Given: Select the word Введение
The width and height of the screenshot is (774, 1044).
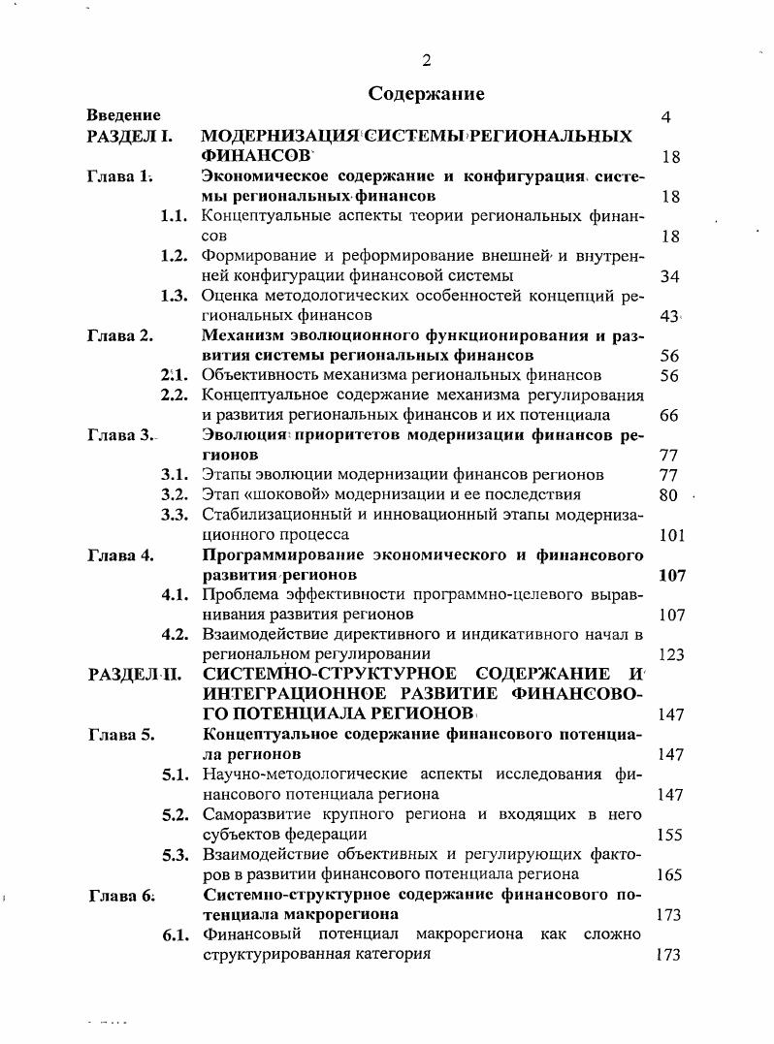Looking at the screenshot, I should click(x=123, y=116).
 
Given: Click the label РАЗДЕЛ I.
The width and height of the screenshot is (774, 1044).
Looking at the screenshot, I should click(x=130, y=137).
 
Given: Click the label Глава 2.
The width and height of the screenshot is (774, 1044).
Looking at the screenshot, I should click(x=120, y=336).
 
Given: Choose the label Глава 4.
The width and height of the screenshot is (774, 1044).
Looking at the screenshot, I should click(x=120, y=555).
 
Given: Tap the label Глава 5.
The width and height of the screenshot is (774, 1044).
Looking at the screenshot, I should click(x=120, y=734).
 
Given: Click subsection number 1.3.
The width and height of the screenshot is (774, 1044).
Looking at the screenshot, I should click(x=175, y=296).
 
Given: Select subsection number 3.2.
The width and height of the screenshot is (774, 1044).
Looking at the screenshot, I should click(x=175, y=494).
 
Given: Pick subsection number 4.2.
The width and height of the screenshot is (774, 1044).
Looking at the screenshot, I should click(x=175, y=635).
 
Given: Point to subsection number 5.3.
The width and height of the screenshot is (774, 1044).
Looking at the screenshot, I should click(x=175, y=854).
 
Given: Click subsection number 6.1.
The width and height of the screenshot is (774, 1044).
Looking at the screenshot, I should click(x=175, y=934).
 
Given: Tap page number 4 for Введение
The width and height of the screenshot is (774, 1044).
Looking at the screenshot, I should click(x=666, y=117).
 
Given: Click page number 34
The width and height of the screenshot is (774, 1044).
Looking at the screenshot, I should click(x=669, y=276).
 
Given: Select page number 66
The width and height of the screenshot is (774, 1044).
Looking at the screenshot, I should click(x=669, y=416).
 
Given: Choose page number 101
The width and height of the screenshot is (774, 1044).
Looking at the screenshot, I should click(x=671, y=535).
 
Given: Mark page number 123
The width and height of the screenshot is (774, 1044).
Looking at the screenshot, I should click(x=671, y=654).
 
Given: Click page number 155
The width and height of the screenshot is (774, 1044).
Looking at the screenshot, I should click(x=669, y=834).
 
